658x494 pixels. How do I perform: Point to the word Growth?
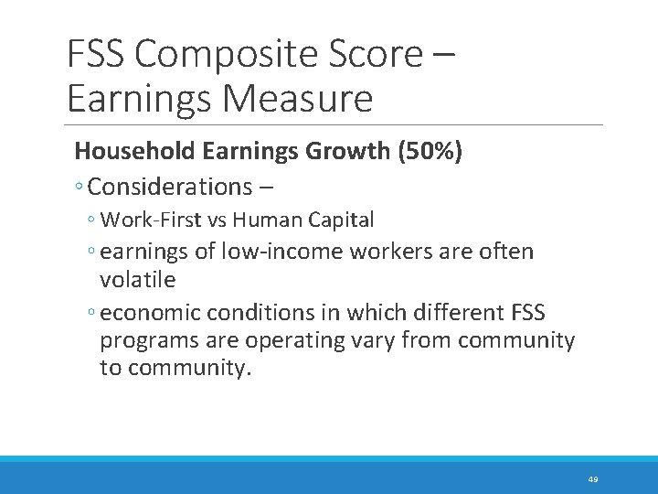coord(342,151)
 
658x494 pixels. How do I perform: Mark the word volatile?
coord(137,277)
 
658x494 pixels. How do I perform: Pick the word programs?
coord(143,341)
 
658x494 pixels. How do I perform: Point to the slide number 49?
coord(593,479)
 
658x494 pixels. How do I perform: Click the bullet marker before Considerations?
coord(80,188)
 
